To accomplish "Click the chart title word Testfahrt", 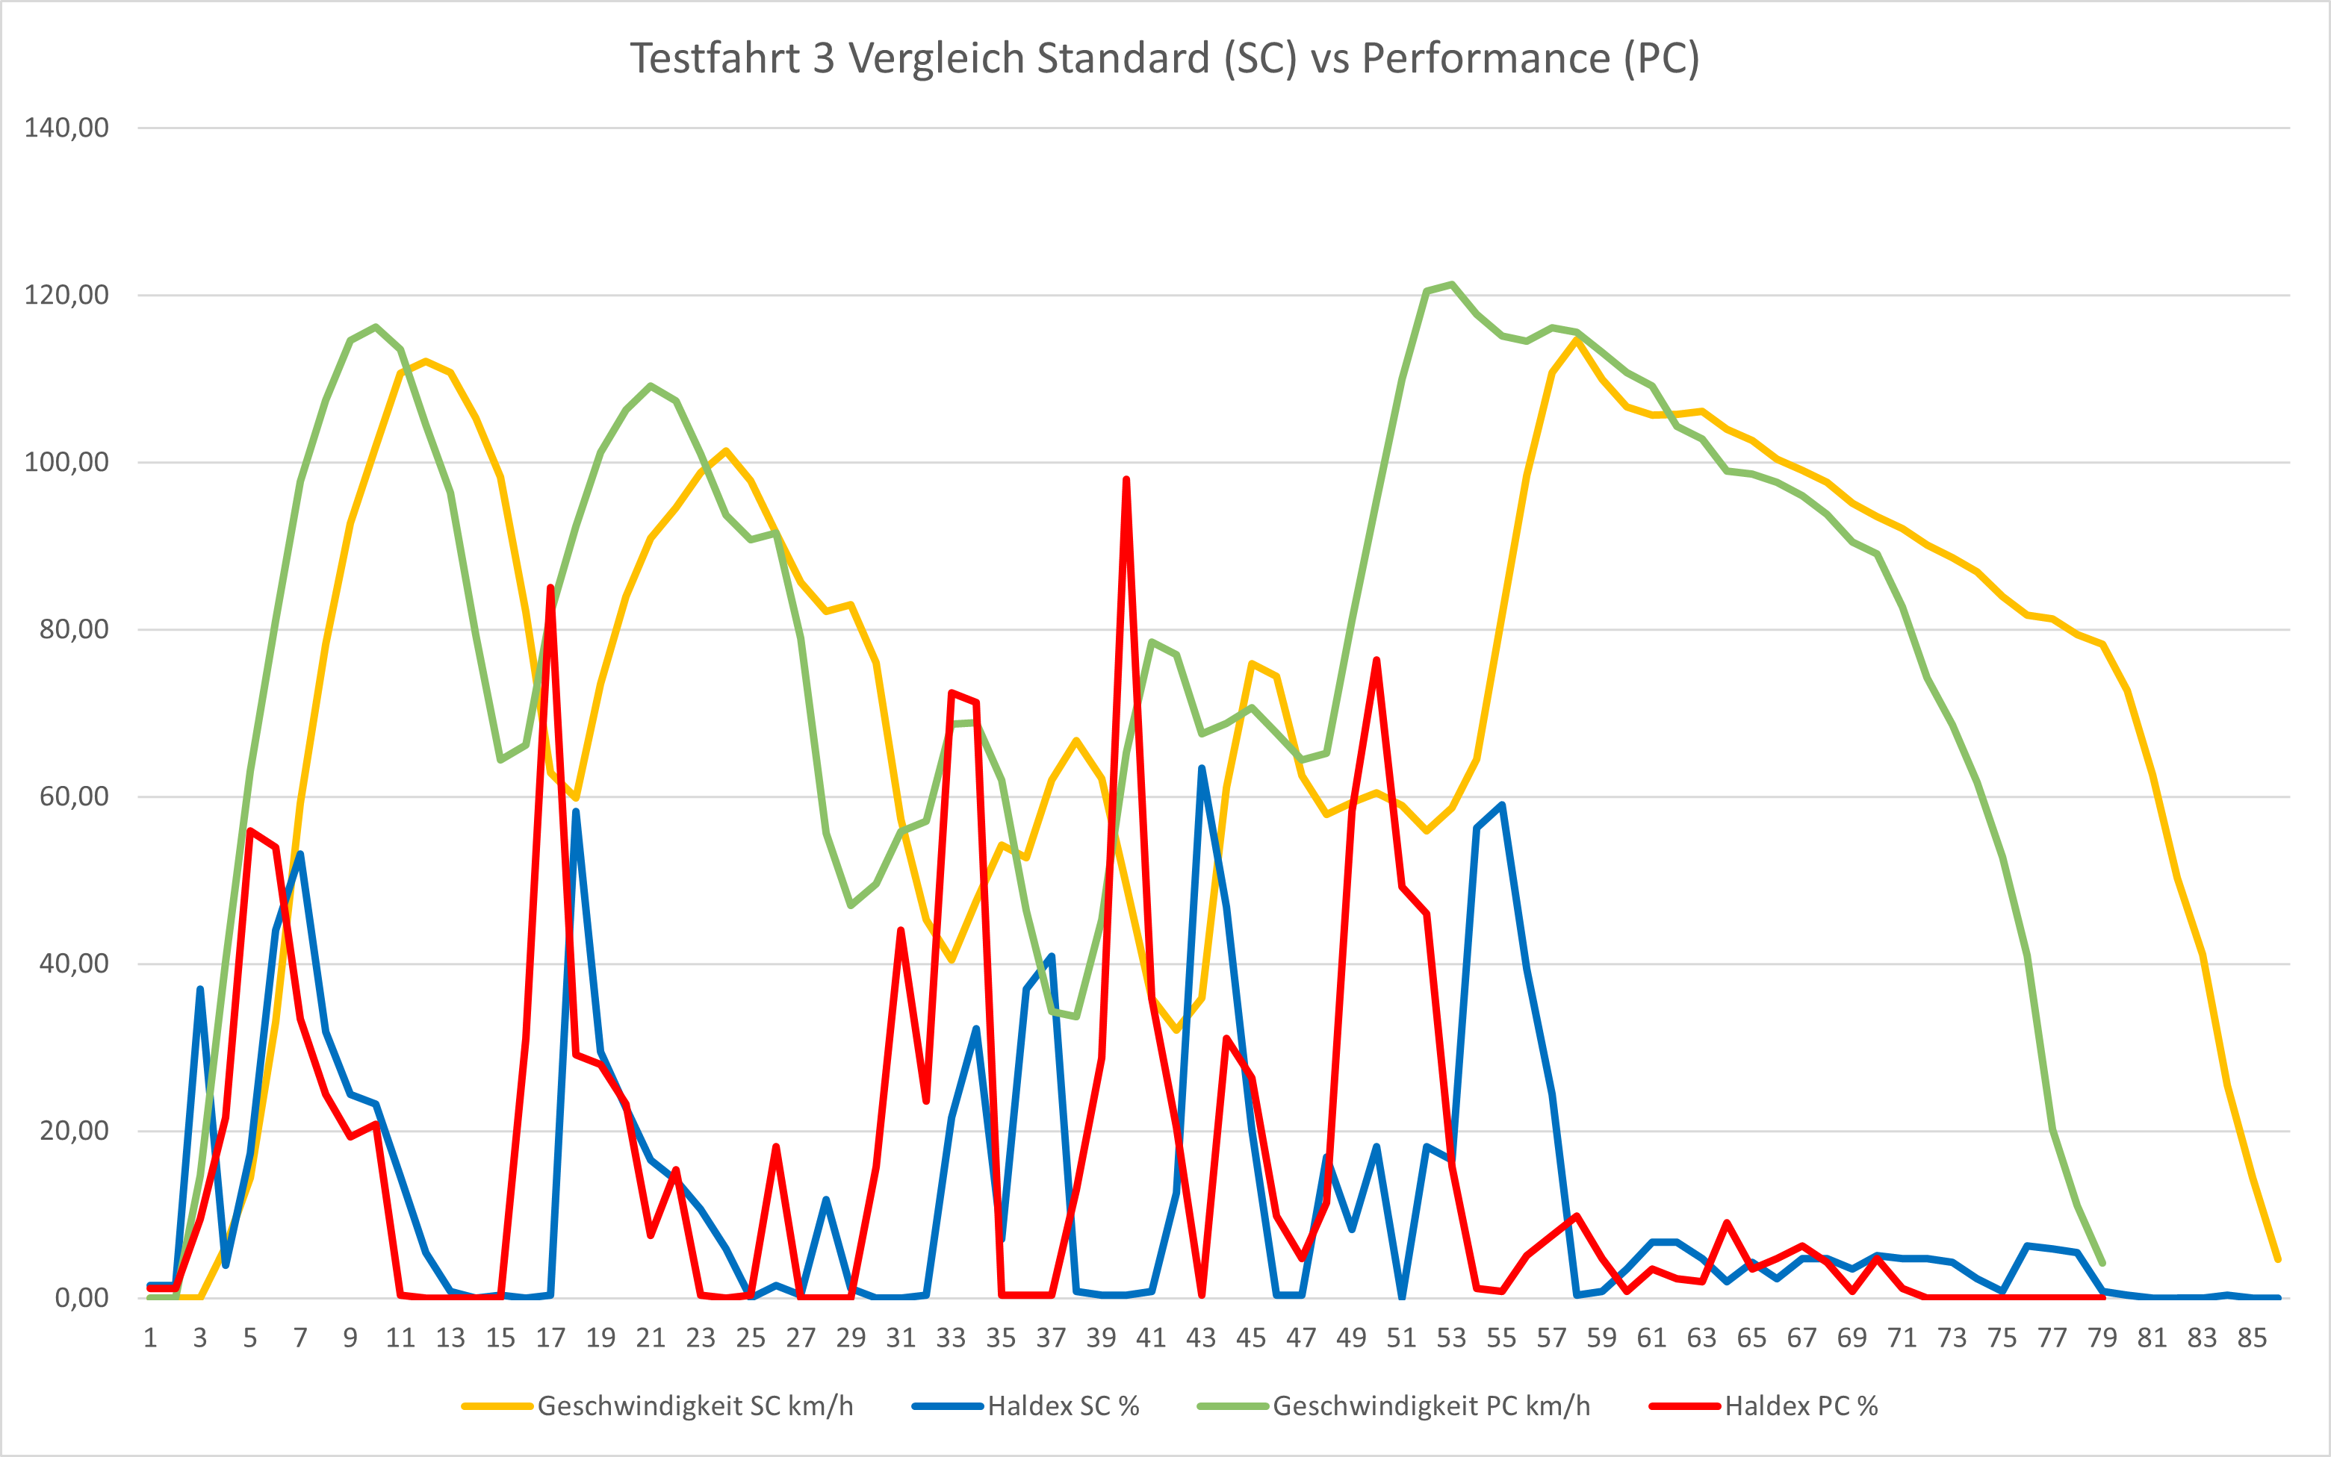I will tap(714, 59).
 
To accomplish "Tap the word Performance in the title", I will tap(1486, 59).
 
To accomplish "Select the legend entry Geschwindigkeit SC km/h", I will tap(694, 1406).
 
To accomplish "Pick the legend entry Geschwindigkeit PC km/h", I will tap(1430, 1406).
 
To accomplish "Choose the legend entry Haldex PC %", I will tap(1801, 1406).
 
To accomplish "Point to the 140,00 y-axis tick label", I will tap(66, 127).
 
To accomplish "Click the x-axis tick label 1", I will tap(150, 1338).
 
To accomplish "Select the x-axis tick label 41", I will tap(1151, 1338).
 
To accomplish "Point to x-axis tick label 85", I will tap(2252, 1338).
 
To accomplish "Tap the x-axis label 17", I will tap(550, 1338).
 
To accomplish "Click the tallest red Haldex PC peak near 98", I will tap(1126, 479).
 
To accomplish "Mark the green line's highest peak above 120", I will tap(1452, 284).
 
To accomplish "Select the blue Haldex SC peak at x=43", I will tap(1201, 768).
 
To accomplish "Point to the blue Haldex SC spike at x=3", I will tap(200, 989).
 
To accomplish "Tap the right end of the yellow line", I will tap(2277, 1258).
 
